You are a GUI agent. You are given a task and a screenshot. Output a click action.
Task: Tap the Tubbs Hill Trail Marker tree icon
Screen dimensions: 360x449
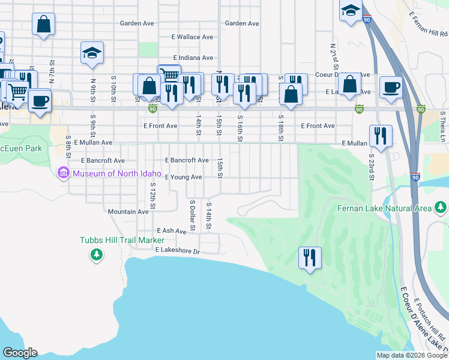pos(96,256)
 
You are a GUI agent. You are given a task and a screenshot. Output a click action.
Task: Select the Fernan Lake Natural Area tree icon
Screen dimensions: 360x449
pos(441,208)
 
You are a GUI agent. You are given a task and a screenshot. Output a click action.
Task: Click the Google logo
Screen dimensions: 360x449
pos(20,353)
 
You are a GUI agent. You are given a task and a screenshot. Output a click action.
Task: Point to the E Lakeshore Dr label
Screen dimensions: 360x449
pos(177,250)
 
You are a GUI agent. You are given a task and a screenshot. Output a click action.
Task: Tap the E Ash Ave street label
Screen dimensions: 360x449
pos(172,230)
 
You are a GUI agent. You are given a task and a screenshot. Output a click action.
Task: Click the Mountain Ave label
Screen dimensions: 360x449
pos(128,212)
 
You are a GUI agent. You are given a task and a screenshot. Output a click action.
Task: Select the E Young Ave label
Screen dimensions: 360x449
pos(184,177)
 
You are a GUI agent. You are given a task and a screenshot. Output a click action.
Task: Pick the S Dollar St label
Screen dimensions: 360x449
pos(193,215)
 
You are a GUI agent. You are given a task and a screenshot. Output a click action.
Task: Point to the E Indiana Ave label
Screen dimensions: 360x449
pos(191,58)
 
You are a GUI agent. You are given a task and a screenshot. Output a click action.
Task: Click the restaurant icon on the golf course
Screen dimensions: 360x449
pos(310,257)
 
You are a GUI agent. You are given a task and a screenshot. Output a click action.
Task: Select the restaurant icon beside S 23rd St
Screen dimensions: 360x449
pos(381,136)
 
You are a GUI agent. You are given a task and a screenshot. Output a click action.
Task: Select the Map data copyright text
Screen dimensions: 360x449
pos(412,355)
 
